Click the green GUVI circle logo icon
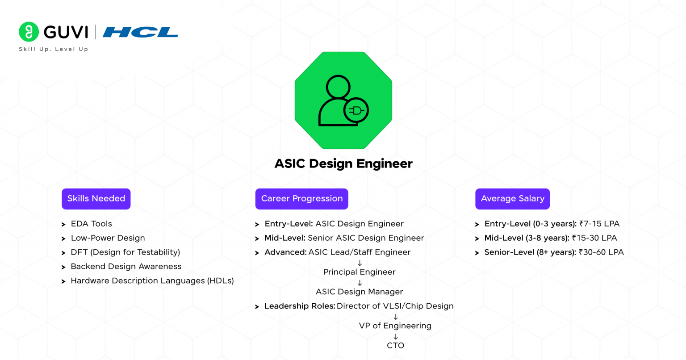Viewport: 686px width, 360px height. pyautogui.click(x=29, y=32)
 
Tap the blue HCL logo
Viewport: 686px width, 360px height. pyautogui.click(x=140, y=32)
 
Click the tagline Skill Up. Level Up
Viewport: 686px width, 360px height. pyautogui.click(x=54, y=49)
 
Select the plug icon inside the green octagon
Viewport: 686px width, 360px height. pyautogui.click(x=356, y=110)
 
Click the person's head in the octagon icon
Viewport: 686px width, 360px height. pyautogui.click(x=338, y=87)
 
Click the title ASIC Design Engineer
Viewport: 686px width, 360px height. pyautogui.click(x=343, y=163)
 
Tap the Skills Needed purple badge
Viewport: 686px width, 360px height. pyautogui.click(x=96, y=199)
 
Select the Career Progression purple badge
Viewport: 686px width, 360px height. pyautogui.click(x=301, y=199)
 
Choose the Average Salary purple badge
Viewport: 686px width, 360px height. pyautogui.click(x=512, y=199)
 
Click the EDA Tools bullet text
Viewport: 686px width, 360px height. pyautogui.click(x=91, y=224)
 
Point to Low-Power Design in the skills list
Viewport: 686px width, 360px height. pyautogui.click(x=108, y=238)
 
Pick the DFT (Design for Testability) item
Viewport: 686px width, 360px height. pyautogui.click(x=125, y=252)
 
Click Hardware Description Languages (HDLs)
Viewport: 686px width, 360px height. pyautogui.click(x=152, y=281)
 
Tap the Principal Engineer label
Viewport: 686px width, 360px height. pyautogui.click(x=360, y=272)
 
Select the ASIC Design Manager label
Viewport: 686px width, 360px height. pyautogui.click(x=360, y=292)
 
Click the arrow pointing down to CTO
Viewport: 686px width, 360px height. pyautogui.click(x=395, y=336)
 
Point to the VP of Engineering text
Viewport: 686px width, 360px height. pyautogui.click(x=395, y=326)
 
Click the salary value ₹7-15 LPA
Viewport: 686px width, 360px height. pyautogui.click(x=599, y=224)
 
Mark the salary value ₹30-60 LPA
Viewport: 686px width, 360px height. pyautogui.click(x=601, y=252)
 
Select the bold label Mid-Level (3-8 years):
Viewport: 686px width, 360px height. pyautogui.click(x=527, y=238)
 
